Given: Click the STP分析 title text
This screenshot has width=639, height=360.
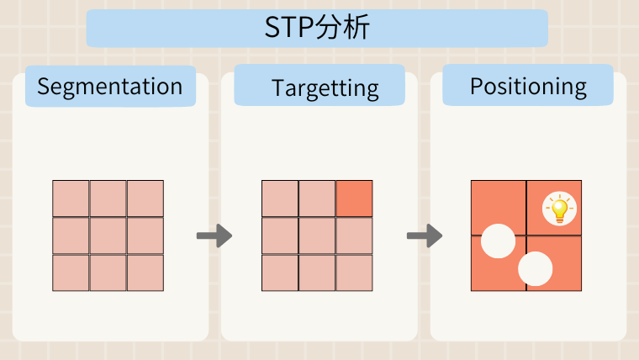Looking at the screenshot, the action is (317, 27).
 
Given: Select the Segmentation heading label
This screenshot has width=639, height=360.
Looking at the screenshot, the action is (110, 87).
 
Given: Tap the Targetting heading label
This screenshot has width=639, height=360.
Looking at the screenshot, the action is (325, 88).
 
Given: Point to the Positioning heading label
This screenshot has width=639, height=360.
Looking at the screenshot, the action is (528, 87).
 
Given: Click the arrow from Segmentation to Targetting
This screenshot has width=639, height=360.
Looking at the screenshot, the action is (214, 236).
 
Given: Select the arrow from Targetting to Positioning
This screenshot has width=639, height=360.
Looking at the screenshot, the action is (425, 236).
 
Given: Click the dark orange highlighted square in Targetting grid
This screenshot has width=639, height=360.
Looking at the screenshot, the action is (354, 199).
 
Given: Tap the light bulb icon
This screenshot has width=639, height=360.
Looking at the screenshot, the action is (559, 209).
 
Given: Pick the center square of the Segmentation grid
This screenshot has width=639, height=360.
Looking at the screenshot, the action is (108, 236).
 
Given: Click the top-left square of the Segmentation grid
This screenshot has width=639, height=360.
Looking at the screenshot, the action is (71, 199).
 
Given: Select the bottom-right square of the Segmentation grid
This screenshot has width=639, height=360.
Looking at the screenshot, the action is (145, 273).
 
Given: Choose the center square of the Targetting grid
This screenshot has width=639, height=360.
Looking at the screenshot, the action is (317, 236).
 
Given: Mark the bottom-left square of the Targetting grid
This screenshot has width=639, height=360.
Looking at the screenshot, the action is (280, 273).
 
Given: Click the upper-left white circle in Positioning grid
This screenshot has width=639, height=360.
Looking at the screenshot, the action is (498, 241).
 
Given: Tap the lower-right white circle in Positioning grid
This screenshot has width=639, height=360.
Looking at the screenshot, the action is (536, 268).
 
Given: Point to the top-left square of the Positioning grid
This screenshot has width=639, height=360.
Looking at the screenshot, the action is (499, 208).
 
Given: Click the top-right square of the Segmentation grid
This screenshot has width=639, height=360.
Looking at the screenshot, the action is (145, 199).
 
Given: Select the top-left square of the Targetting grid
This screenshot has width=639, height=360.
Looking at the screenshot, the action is (280, 199).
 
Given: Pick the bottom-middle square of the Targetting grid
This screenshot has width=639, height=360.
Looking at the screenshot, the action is (317, 273).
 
